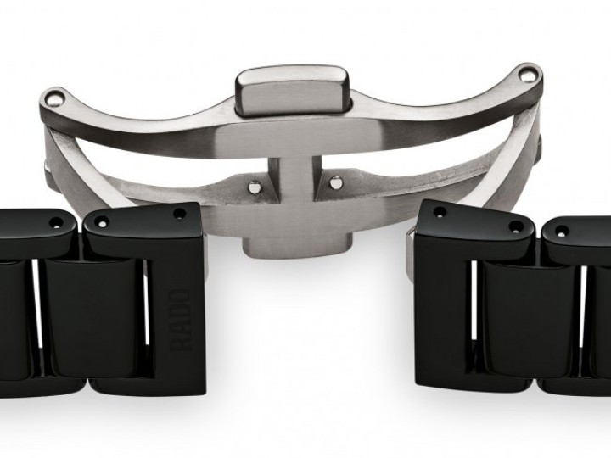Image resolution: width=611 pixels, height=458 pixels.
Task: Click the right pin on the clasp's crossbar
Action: (x=336, y=181)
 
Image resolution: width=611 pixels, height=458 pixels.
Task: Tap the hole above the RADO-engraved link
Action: (x=179, y=214)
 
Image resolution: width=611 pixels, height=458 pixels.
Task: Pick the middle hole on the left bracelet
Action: (x=104, y=223)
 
